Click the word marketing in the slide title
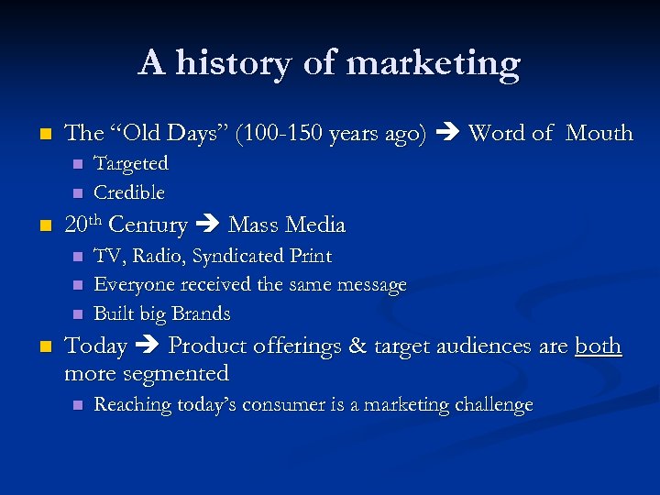(x=434, y=64)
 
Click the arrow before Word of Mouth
(x=446, y=134)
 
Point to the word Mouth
(x=599, y=134)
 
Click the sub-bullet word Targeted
(x=131, y=164)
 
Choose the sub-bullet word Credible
(x=129, y=192)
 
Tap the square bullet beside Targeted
(x=77, y=164)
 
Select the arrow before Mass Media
(x=207, y=225)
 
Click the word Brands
(x=201, y=313)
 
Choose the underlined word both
(x=598, y=346)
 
